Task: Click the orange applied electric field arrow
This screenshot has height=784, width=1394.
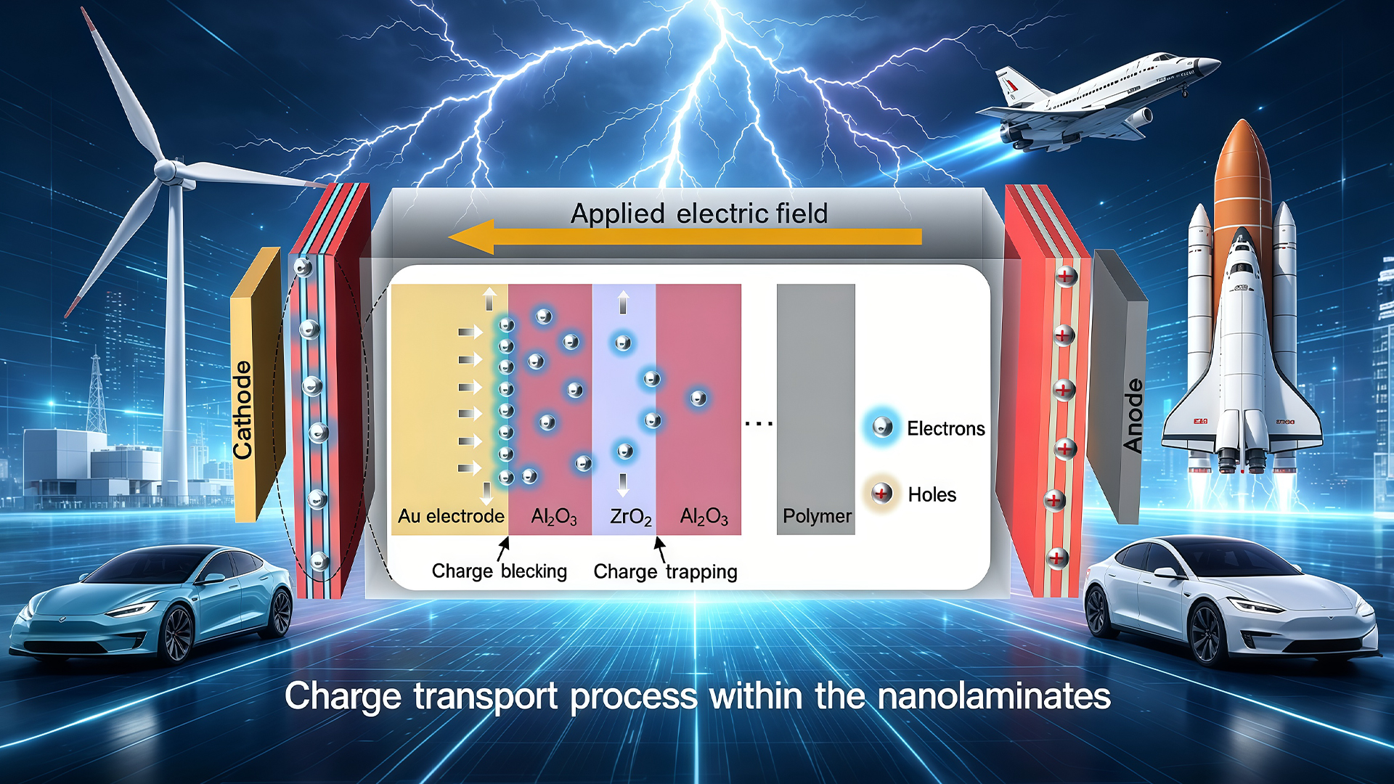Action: [x=685, y=237]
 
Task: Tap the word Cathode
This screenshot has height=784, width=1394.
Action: [x=242, y=410]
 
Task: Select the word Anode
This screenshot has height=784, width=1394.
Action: [x=1133, y=415]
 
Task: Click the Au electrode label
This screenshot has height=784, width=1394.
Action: [x=451, y=516]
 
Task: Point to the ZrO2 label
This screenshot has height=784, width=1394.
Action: [x=630, y=517]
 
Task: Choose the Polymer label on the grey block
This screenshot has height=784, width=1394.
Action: [x=817, y=516]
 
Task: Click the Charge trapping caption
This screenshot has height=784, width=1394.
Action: [x=665, y=572]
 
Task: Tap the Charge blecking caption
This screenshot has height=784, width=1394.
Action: [x=500, y=571]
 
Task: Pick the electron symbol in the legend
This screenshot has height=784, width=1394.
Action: [x=882, y=427]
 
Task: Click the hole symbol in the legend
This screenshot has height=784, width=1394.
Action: [x=881, y=494]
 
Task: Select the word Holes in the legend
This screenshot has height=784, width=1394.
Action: [x=932, y=494]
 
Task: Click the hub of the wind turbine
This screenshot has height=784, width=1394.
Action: [x=166, y=171]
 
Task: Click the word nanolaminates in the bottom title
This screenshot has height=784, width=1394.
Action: [x=994, y=695]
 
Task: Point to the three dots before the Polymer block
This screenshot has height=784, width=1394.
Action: [x=759, y=423]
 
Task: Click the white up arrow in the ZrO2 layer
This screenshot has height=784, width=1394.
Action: [x=623, y=302]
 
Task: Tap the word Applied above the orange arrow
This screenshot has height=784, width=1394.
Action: [x=618, y=214]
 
